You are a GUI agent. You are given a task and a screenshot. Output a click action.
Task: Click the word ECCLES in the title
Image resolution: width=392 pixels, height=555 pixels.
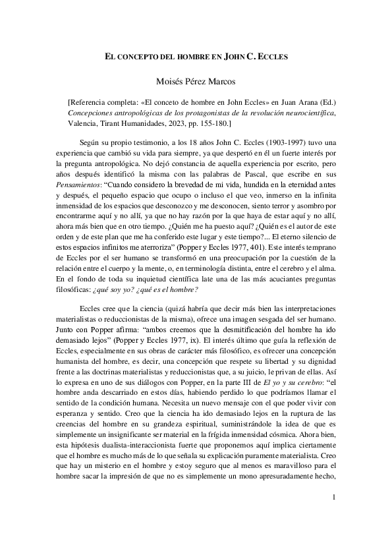tap(269, 57)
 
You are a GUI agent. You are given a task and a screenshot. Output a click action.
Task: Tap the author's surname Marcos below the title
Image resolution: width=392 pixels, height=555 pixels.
tap(225, 82)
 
